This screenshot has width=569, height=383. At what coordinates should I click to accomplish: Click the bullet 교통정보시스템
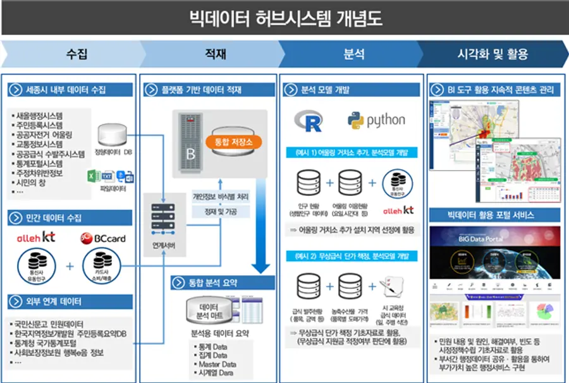click(x=39, y=144)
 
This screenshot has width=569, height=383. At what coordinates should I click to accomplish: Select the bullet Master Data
click(x=217, y=365)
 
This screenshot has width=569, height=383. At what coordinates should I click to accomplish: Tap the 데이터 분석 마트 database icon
click(x=205, y=308)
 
